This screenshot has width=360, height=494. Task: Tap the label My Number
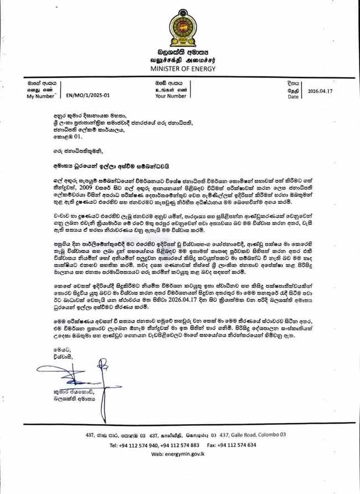click(42, 96)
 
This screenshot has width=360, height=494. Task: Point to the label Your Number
click(170, 96)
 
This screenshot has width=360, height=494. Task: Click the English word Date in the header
click(293, 96)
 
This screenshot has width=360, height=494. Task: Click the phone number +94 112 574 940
click(134, 445)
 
